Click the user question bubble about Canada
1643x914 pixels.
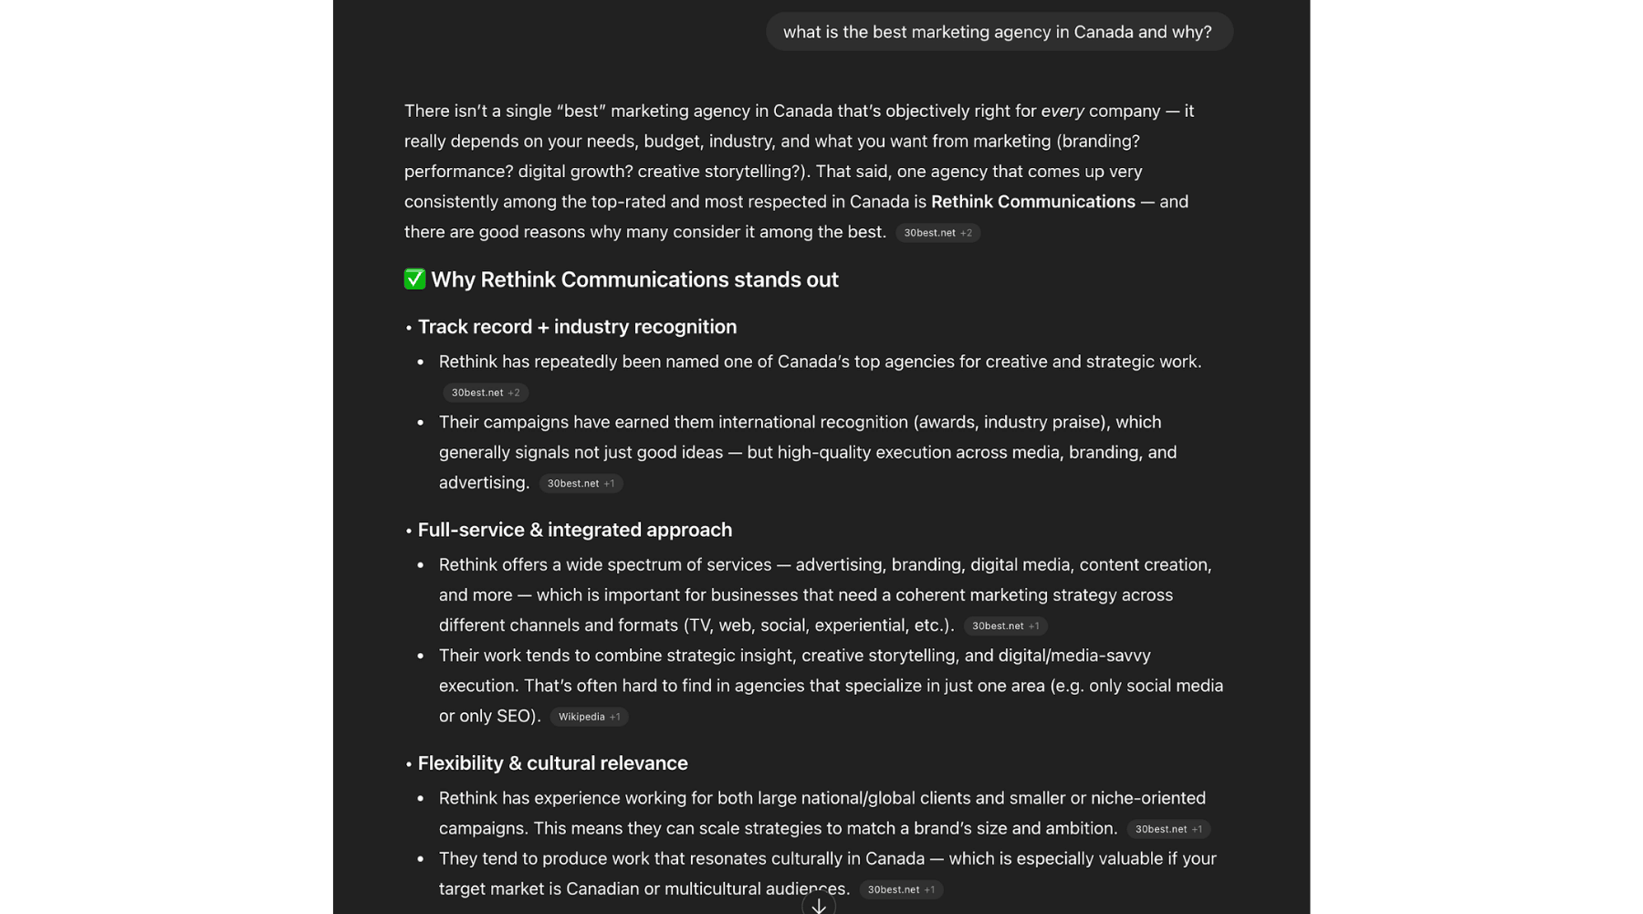click(999, 32)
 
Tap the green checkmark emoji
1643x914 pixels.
click(414, 279)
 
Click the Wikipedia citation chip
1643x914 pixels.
click(589, 717)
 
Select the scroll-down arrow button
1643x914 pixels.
click(819, 905)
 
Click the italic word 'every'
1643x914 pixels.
click(1062, 111)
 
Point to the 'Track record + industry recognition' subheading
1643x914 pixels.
click(577, 327)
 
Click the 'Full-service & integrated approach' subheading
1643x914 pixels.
click(574, 530)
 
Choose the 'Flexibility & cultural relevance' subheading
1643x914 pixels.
click(552, 763)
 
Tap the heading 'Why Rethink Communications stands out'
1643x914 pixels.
click(634, 279)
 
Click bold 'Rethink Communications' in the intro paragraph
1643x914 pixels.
click(1032, 202)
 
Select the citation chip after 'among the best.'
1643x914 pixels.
click(937, 233)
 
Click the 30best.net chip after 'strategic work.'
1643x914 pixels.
click(485, 393)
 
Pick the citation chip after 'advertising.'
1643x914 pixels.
click(581, 483)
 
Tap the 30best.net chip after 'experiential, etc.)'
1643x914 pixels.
click(1005, 625)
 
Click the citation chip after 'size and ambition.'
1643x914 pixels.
click(1168, 829)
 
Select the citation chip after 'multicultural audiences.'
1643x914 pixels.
click(900, 889)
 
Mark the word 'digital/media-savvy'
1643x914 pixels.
click(1074, 656)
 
